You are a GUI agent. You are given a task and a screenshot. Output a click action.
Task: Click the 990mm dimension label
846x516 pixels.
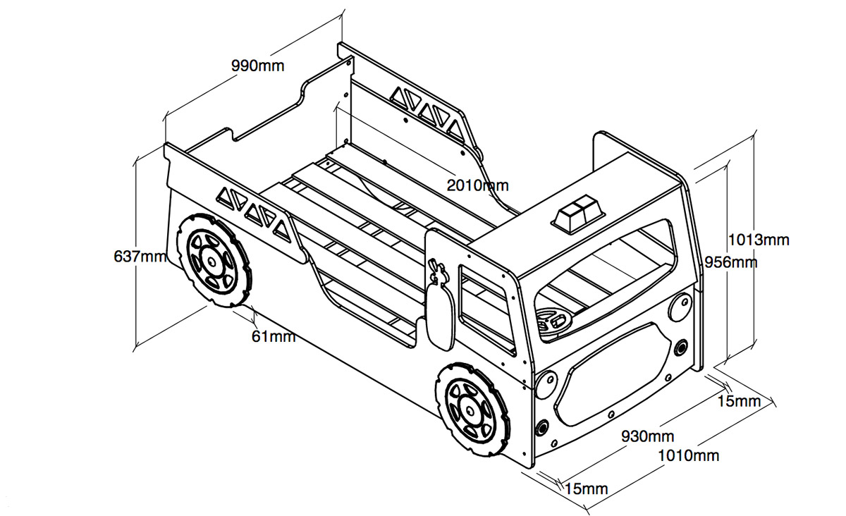pyautogui.click(x=258, y=67)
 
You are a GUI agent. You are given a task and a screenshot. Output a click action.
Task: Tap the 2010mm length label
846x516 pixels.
pyautogui.click(x=477, y=185)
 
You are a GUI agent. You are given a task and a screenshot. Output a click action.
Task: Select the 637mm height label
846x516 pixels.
pyautogui.click(x=140, y=256)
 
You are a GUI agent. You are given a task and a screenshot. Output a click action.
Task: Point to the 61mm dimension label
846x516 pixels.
pyautogui.click(x=274, y=336)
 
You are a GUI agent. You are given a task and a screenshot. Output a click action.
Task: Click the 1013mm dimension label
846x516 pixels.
pyautogui.click(x=759, y=240)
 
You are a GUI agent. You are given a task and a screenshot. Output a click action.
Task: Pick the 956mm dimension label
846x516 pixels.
pyautogui.click(x=731, y=262)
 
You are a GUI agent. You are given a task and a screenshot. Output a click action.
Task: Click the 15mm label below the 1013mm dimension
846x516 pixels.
pyautogui.click(x=739, y=402)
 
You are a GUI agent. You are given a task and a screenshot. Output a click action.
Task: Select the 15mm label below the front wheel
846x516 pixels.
pyautogui.click(x=586, y=489)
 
